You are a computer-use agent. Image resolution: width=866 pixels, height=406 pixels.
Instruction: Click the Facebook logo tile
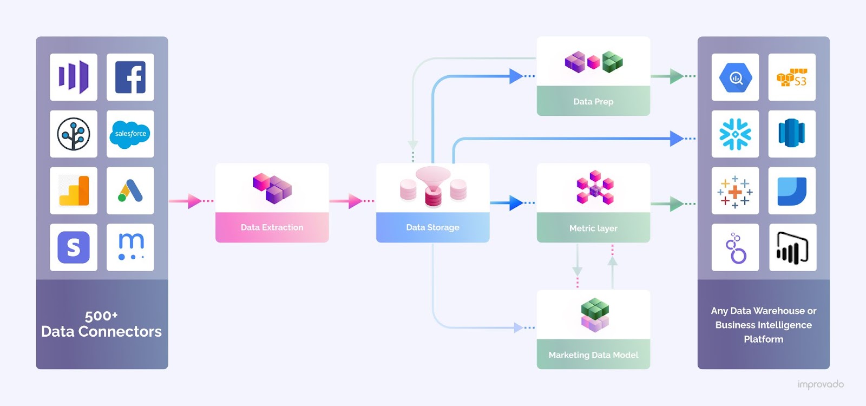[x=130, y=77]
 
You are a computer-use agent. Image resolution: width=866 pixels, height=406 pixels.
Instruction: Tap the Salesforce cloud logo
[x=130, y=134]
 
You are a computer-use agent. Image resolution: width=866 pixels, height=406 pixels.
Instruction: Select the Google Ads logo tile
[x=130, y=191]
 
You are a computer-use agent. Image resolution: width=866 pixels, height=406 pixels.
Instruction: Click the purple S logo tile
[x=74, y=247]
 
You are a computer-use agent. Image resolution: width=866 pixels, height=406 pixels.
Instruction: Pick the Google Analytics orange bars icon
[x=74, y=191]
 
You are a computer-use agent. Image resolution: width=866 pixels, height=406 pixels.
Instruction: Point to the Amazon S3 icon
[x=791, y=77]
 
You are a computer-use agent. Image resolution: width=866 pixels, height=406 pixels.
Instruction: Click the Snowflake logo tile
[x=735, y=134]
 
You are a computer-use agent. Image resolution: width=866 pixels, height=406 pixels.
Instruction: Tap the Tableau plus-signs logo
[x=735, y=191]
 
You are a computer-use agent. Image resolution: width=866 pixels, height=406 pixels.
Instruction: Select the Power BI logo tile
[x=792, y=247]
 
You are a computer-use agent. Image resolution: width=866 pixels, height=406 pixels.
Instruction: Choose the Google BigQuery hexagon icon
[x=735, y=77]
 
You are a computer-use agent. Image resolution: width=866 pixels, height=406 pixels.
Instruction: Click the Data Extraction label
[x=272, y=227]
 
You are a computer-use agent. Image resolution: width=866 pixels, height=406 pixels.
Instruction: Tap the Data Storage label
[x=432, y=227]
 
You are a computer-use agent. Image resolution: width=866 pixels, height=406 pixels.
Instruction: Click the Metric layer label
[x=593, y=228]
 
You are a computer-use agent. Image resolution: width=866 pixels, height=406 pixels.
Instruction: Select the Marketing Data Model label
[x=593, y=355]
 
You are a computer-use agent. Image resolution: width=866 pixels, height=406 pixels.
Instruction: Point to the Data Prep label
[x=593, y=102]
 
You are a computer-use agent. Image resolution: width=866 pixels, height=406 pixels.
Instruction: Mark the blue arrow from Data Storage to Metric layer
[x=511, y=203]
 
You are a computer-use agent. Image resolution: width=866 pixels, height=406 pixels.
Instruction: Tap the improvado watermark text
[x=820, y=384]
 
